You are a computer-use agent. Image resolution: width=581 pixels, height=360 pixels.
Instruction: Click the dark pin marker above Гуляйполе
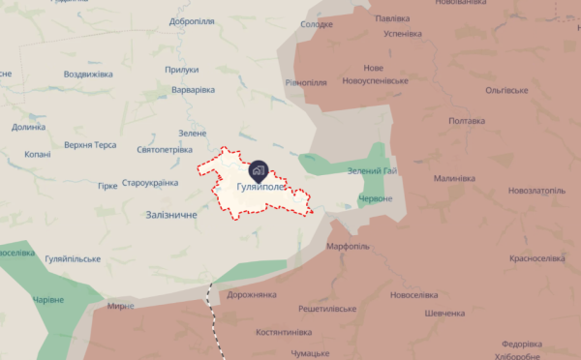click(258, 166)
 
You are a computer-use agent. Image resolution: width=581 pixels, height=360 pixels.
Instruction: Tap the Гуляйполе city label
click(260, 187)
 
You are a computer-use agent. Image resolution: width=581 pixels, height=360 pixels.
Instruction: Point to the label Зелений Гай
click(372, 171)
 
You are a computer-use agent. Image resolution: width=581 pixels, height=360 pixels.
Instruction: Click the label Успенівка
click(402, 34)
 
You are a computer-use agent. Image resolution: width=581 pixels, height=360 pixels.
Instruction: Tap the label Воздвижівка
click(89, 74)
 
